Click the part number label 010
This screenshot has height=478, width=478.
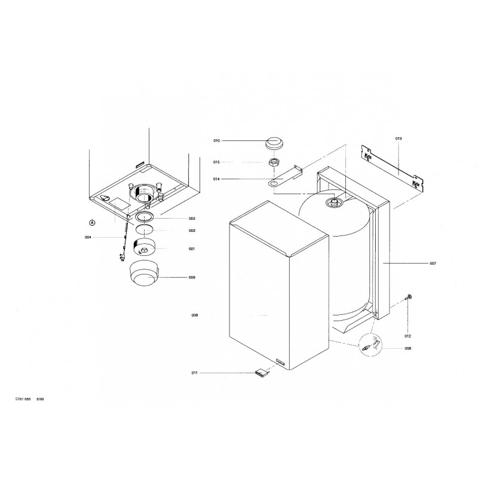click(216, 141)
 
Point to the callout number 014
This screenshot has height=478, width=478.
click(216, 179)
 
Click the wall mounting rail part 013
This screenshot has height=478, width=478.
click(393, 168)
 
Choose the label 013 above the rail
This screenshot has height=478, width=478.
click(399, 139)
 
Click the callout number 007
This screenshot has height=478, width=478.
click(433, 263)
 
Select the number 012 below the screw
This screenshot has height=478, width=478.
click(407, 336)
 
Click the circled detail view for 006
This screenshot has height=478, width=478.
click(371, 345)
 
